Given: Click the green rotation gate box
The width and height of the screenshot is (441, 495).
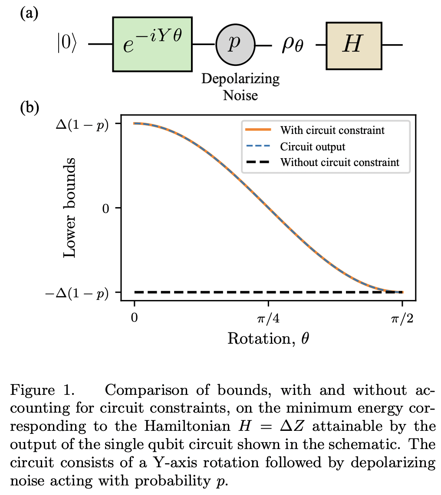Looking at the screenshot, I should [x=152, y=44].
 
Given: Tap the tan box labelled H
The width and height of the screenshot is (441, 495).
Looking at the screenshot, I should [x=354, y=44].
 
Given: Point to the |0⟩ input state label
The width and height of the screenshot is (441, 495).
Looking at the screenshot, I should [x=66, y=45].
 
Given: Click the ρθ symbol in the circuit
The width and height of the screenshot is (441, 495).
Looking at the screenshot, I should [x=293, y=46].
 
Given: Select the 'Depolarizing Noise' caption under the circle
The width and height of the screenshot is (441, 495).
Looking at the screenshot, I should [x=240, y=87].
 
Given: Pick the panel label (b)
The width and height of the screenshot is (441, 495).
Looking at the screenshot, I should [x=30, y=107].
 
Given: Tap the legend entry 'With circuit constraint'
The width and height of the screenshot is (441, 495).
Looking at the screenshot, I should [x=332, y=130].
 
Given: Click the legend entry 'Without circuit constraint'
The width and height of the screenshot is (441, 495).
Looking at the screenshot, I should [x=339, y=163].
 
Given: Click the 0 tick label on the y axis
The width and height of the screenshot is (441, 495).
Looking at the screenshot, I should [x=105, y=208].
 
